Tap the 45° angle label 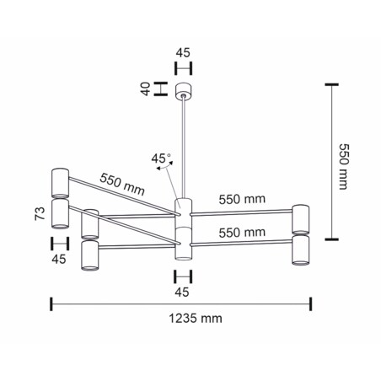(160, 158)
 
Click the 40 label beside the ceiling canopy (145, 89)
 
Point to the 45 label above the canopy (183, 52)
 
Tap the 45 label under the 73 (58, 260)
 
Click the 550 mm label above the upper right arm (242, 200)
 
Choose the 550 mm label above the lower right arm (242, 232)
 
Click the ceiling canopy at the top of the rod (183, 89)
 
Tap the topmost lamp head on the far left (60, 182)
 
